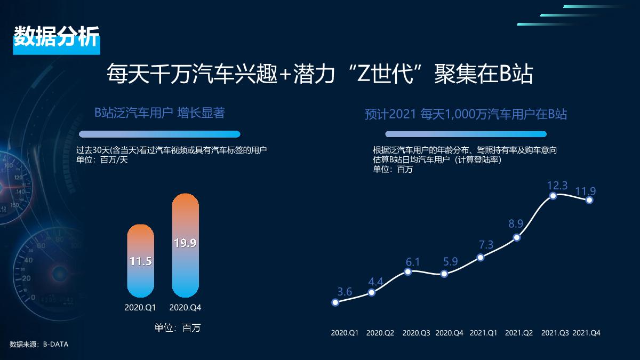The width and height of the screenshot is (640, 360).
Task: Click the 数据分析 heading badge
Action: point(56,37)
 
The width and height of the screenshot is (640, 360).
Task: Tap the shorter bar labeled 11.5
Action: point(140,261)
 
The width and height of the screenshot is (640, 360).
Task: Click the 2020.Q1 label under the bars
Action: point(140,308)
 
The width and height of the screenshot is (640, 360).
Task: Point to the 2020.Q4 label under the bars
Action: point(185,308)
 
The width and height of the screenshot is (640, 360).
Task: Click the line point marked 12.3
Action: point(553,196)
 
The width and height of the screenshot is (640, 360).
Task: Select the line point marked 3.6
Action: point(335,302)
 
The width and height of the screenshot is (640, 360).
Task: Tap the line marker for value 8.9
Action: point(516,237)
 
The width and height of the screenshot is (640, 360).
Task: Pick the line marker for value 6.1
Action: point(408,271)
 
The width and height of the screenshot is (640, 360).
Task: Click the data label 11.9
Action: point(585,191)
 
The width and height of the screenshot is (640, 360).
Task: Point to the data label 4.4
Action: point(375,282)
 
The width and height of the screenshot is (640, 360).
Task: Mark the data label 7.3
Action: point(486,245)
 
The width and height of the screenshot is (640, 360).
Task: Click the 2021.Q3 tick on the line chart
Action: point(555,333)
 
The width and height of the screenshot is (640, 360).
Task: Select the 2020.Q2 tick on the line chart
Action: point(380,333)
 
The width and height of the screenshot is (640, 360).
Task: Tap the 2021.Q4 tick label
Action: point(587,333)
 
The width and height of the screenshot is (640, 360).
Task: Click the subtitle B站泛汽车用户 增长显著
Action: point(159,113)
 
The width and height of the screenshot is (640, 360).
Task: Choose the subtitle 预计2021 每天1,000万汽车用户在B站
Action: point(466,114)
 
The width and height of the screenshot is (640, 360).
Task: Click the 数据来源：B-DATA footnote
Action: point(39,345)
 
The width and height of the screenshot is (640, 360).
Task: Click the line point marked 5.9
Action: point(444,274)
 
